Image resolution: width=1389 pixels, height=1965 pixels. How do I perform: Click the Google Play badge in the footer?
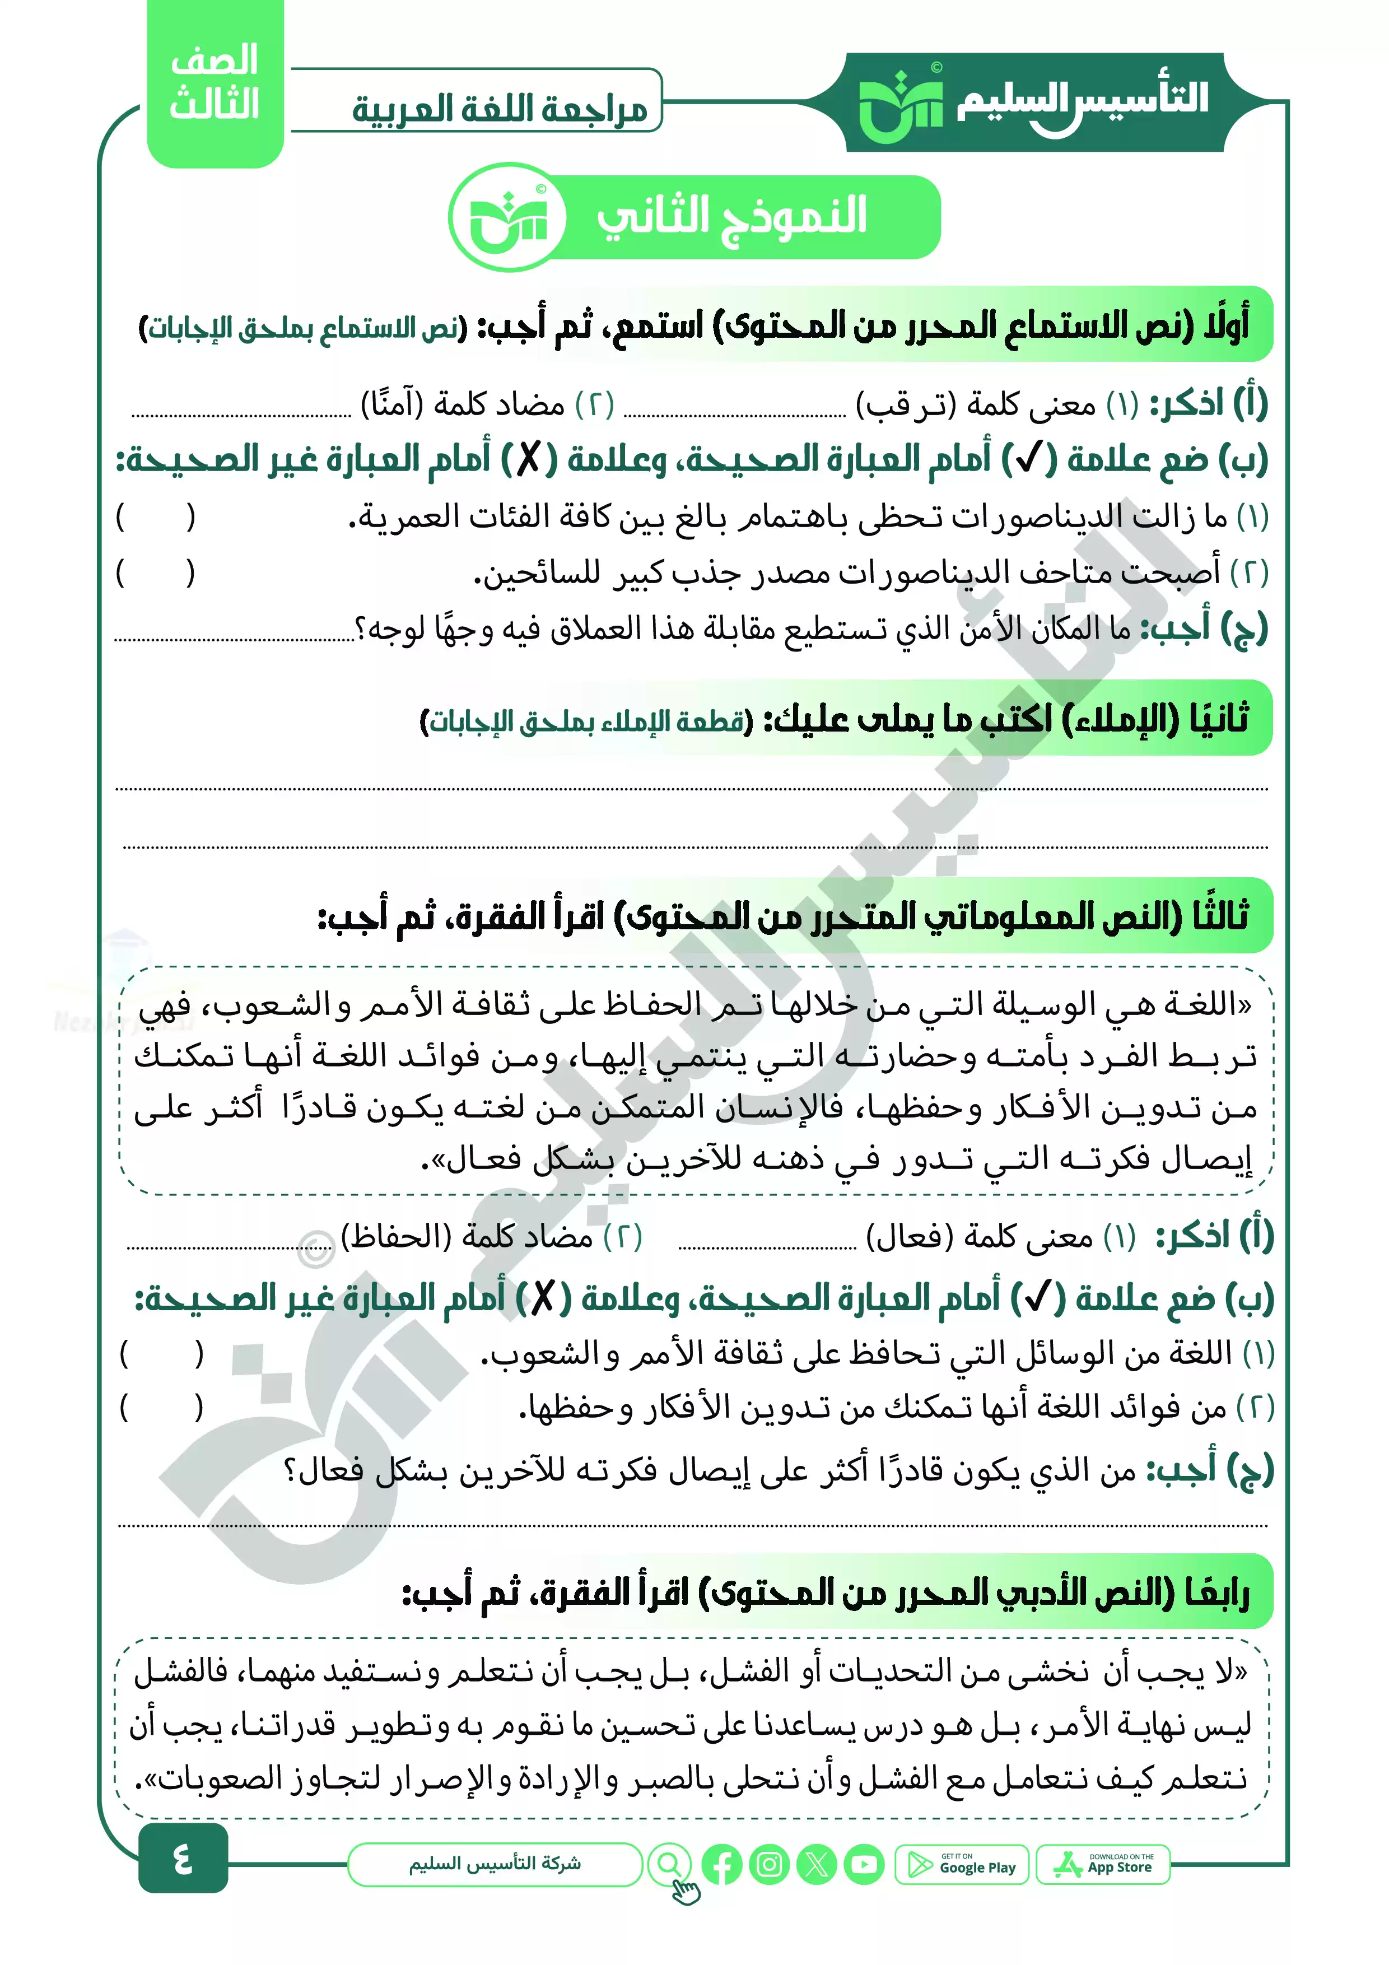[961, 1865]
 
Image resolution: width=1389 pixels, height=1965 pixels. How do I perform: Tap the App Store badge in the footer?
[1102, 1865]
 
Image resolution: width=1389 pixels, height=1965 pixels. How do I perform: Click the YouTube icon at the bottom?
[864, 1865]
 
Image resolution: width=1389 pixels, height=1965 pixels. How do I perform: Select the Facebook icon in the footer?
[721, 1865]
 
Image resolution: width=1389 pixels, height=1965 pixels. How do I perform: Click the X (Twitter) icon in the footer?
[817, 1865]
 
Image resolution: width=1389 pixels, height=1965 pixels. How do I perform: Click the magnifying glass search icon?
[669, 1864]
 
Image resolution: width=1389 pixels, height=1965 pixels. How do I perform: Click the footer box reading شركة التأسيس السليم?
[495, 1864]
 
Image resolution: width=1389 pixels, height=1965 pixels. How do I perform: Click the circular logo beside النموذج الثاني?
[509, 217]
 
